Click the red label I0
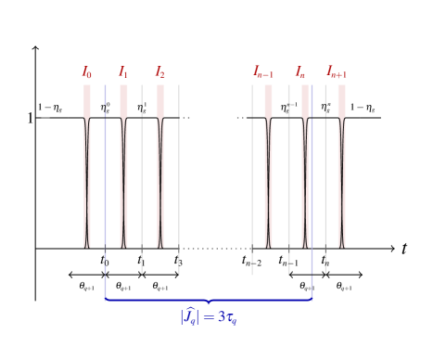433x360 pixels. (87, 72)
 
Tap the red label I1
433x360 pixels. (123, 72)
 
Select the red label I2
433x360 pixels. (159, 72)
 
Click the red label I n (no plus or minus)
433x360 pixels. (300, 72)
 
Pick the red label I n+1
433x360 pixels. (337, 72)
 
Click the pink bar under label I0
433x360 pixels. (87, 167)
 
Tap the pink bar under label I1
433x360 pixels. (123, 167)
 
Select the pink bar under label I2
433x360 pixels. (160, 167)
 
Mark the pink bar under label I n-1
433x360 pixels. (268, 167)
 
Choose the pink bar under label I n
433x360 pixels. (304, 167)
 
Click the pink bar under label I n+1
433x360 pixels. (341, 167)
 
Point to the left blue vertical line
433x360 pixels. (105, 186)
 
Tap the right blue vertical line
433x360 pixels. (312, 186)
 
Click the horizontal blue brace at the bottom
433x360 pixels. (209, 300)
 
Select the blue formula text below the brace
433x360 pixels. (209, 317)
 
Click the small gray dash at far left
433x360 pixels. (45, 118)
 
